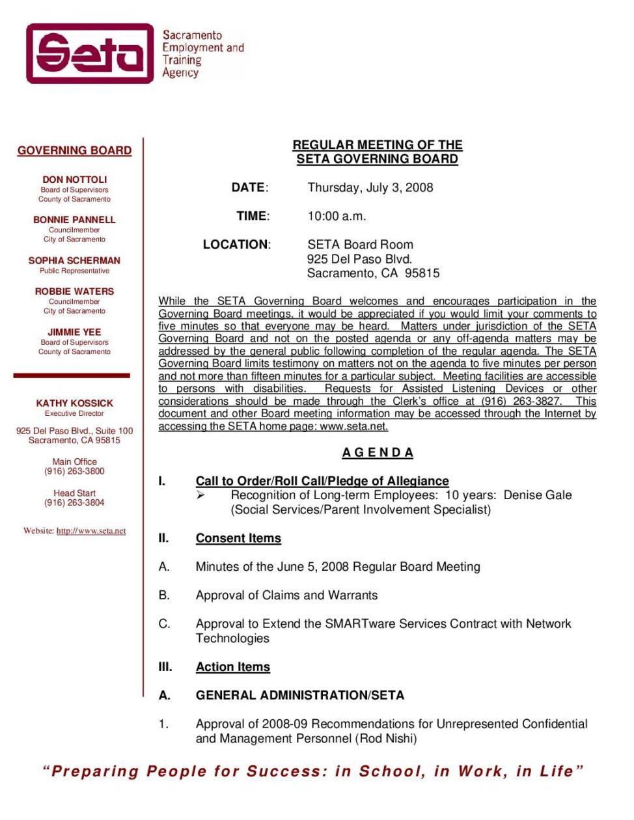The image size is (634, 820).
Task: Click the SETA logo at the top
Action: coord(90,53)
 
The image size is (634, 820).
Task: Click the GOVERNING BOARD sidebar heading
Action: coord(74,150)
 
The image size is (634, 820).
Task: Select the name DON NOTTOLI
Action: coord(74,180)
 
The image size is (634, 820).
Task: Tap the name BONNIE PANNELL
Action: coord(74,220)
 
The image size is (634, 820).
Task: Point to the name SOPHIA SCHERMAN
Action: coord(74,260)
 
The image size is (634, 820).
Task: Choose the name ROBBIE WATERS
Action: coord(74,292)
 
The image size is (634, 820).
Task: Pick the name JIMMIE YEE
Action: coord(74,332)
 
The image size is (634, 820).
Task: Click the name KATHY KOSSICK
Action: coord(74,403)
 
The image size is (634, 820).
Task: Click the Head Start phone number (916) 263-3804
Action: coord(74,502)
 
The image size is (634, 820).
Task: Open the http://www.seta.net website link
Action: coord(91,531)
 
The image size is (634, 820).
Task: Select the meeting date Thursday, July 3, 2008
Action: coord(370,187)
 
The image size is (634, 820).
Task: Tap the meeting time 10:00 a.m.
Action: coord(337,216)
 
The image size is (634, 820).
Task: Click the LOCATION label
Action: coord(236,245)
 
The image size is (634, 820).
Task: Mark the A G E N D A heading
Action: coord(378,453)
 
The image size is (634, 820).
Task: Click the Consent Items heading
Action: coord(238,538)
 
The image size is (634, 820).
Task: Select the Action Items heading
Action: coord(232,667)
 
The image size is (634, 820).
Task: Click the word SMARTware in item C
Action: coord(361,624)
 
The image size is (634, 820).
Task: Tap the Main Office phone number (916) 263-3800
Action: coord(74,471)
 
